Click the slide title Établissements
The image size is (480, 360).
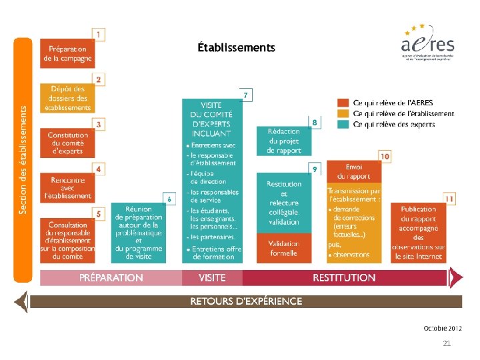pos(236,47)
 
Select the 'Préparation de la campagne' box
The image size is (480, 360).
pos(67,53)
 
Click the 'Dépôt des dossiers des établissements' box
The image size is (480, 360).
pos(67,98)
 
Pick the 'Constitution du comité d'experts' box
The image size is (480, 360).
pos(67,143)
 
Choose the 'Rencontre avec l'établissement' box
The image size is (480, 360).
pos(67,187)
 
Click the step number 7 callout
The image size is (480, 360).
pos(246,95)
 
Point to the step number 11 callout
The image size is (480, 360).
pos(450,199)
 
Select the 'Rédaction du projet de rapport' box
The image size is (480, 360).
pos(284,141)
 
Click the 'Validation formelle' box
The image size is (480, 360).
pos(284,248)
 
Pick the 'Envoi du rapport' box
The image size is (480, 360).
pos(354,172)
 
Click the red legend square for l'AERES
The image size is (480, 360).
pos(343,103)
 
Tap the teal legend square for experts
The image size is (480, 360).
pos(343,124)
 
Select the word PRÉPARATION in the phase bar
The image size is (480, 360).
pos(111,277)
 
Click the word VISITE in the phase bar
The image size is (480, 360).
pos(212,277)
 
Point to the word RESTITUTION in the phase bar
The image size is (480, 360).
pos(344,277)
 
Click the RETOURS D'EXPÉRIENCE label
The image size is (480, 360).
pos(246,301)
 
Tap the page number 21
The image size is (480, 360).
pos(447,343)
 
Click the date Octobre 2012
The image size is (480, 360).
pos(442,328)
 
